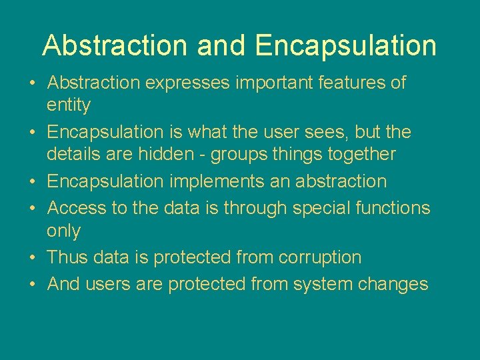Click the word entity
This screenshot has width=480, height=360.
tap(68, 105)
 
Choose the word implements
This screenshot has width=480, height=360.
tap(213, 182)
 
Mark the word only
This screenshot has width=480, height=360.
tap(63, 231)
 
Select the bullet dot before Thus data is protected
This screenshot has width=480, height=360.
tap(33, 258)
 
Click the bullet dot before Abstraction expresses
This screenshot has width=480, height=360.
tap(33, 84)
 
